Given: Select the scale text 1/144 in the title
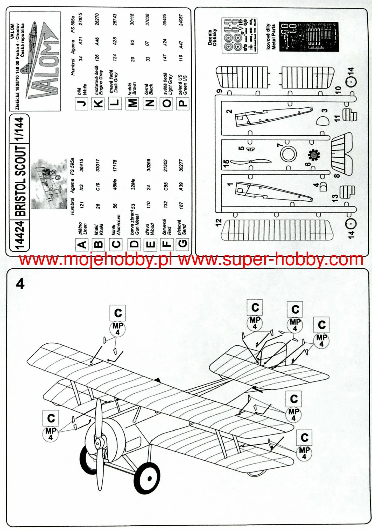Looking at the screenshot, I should point(19,129).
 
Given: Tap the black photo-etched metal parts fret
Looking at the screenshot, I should point(309,36).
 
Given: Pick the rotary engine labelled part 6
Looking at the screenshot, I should point(314,156).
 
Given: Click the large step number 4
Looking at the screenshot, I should point(20,284).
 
